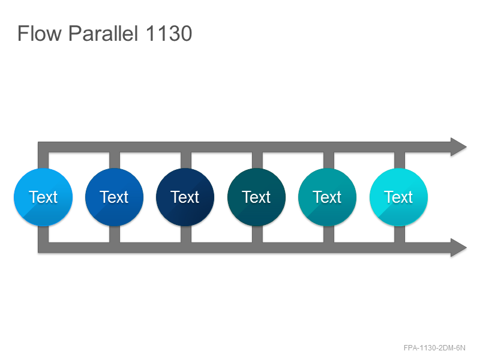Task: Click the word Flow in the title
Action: pyautogui.click(x=40, y=33)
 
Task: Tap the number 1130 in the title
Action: pyautogui.click(x=169, y=33)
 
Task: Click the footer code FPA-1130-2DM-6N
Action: pyautogui.click(x=434, y=348)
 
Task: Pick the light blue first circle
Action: pyautogui.click(x=43, y=197)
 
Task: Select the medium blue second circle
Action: pyautogui.click(x=114, y=197)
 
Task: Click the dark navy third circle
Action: pyautogui.click(x=185, y=197)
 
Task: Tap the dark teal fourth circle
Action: pyautogui.click(x=257, y=197)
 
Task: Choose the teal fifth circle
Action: pyautogui.click(x=327, y=197)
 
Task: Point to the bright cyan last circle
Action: pyautogui.click(x=398, y=197)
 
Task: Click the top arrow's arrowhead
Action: pyautogui.click(x=458, y=147)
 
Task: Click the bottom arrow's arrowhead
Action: pyautogui.click(x=458, y=247)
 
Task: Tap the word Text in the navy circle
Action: pyautogui.click(x=185, y=197)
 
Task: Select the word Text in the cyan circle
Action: pyautogui.click(x=398, y=197)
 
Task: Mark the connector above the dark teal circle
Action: pyautogui.click(x=257, y=160)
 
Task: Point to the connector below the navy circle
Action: pyautogui.click(x=186, y=234)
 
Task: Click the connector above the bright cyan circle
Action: pyautogui.click(x=400, y=160)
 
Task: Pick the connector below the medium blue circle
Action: pyautogui.click(x=115, y=234)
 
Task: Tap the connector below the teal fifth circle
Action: pyautogui.click(x=328, y=234)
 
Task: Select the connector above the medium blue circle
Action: pyautogui.click(x=115, y=160)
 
